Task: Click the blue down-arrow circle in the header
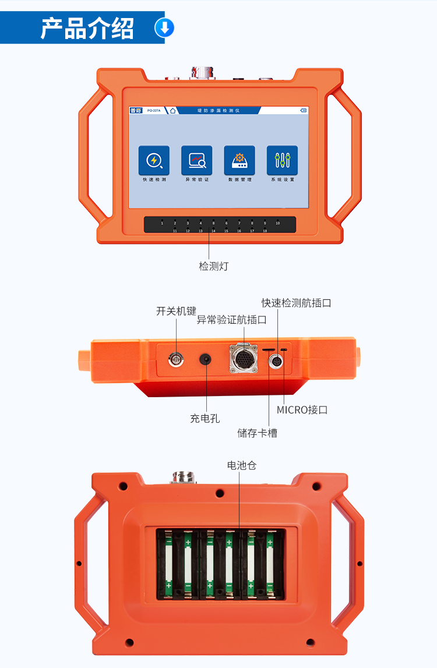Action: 164,28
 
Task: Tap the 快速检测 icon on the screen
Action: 154,161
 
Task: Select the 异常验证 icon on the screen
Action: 197,161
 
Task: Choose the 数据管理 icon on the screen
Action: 239,161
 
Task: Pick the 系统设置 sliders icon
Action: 283,161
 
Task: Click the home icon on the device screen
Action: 173,110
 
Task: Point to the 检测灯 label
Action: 214,266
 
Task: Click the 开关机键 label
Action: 176,311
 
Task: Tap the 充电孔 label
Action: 205,418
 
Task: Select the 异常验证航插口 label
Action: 231,320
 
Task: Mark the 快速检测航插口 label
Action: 296,303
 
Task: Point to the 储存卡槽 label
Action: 257,433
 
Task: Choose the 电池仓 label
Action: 242,465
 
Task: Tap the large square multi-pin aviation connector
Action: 242,358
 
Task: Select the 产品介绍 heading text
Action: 87,28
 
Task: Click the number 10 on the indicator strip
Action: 277,223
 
